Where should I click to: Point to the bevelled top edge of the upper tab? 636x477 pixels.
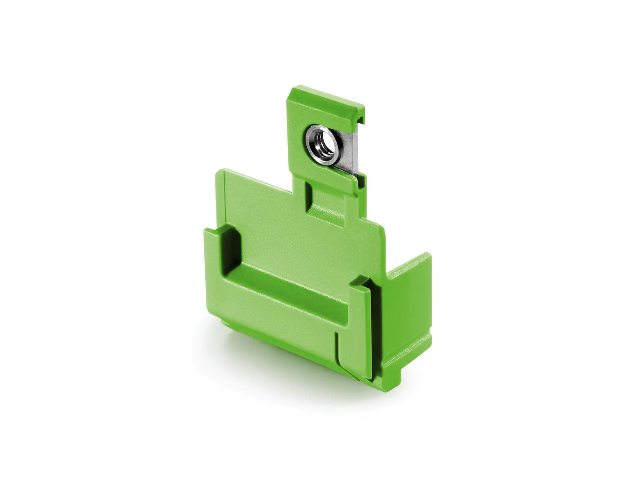(x=326, y=98)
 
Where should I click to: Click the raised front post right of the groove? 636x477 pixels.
(x=359, y=326)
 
